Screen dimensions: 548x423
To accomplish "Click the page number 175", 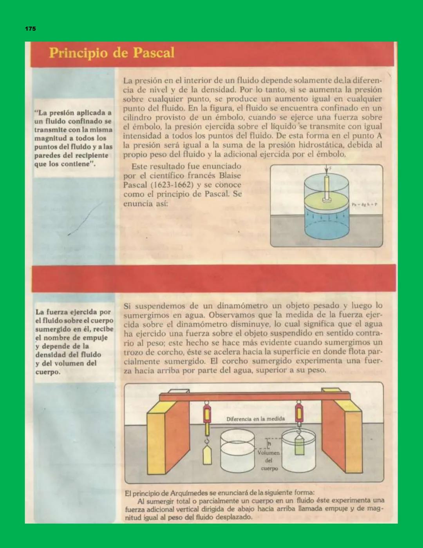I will coord(30,29).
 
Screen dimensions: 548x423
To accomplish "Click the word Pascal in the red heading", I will coord(154,53).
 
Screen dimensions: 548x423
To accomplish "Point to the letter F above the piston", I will coord(330,168).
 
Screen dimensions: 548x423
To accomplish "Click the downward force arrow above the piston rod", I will coord(326,170).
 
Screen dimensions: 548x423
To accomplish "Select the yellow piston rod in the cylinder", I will coord(326,187).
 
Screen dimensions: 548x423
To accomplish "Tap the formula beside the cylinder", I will coord(364,204).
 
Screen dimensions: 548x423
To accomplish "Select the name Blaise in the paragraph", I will coord(230,175).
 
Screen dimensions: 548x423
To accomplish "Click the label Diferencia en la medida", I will coord(255,419).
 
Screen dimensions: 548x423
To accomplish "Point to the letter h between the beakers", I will coord(269,443).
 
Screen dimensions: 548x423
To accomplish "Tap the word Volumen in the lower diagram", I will coord(268,453).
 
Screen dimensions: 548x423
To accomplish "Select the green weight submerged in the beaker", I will coord(299,446).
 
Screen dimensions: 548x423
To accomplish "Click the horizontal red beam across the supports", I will coord(255,397).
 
